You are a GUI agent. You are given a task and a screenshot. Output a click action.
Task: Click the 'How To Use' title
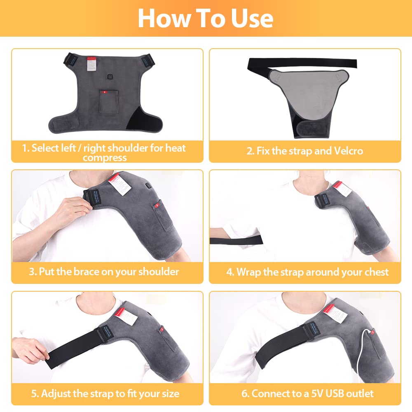point(206,19)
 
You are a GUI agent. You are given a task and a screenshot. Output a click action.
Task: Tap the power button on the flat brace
point(110,77)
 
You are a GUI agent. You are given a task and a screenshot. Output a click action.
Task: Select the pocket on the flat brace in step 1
point(109,102)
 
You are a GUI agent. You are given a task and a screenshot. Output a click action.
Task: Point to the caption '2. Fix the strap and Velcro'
point(305,151)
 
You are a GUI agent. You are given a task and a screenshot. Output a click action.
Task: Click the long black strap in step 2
point(302,64)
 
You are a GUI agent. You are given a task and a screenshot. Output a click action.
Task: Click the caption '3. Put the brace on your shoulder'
point(104,272)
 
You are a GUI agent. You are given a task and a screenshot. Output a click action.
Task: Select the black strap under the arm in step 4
point(236,239)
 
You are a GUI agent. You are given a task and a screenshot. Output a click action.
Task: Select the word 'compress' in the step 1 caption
point(105,158)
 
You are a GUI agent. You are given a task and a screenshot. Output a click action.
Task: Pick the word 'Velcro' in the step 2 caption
point(349,151)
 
